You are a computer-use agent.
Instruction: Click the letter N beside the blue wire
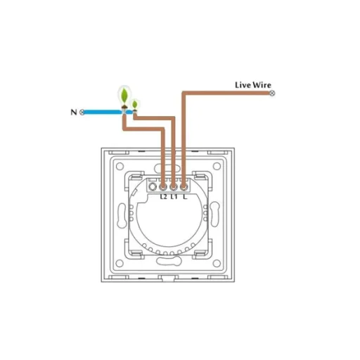(x=74, y=112)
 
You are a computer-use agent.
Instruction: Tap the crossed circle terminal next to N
(x=82, y=112)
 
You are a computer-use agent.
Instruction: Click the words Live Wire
(x=253, y=85)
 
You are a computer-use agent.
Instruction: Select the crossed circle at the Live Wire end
(x=272, y=94)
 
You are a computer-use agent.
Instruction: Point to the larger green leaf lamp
(x=124, y=96)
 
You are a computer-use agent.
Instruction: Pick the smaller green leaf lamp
(x=135, y=105)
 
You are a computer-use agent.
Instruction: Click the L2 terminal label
(x=164, y=197)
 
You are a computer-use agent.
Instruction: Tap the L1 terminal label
(x=174, y=197)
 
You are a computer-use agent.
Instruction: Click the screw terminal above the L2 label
(x=162, y=187)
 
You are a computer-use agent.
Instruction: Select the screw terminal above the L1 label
(x=173, y=187)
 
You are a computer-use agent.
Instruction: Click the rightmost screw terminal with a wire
(x=184, y=187)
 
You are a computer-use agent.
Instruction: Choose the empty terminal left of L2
(x=153, y=187)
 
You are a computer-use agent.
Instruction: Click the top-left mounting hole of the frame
(x=120, y=167)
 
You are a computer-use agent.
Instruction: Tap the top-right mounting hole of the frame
(x=217, y=167)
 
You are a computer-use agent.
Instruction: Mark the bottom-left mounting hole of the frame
(x=120, y=263)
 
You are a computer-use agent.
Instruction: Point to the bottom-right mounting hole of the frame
(x=217, y=263)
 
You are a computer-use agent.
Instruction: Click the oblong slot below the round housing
(x=168, y=261)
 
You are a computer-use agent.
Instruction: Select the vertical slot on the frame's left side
(x=122, y=216)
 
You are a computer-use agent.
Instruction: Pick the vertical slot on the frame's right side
(x=214, y=214)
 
